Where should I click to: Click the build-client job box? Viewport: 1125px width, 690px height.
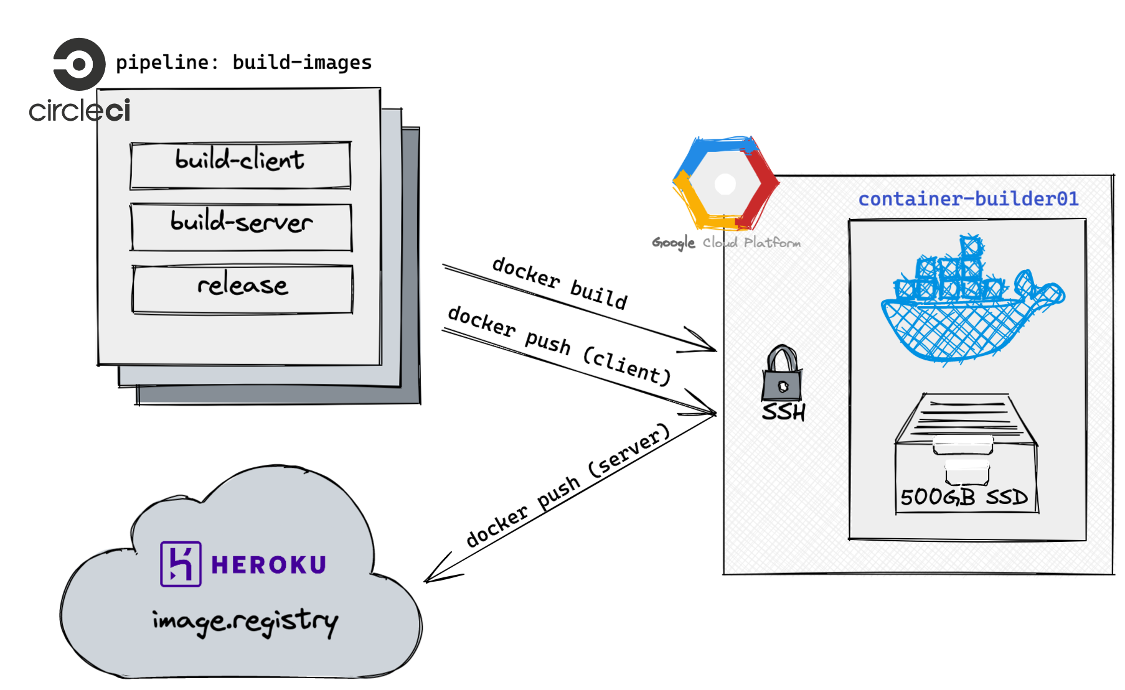(240, 165)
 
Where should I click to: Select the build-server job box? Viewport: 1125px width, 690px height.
(242, 226)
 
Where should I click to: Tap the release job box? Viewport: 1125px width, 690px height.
(242, 289)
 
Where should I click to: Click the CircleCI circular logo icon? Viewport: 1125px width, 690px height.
(79, 64)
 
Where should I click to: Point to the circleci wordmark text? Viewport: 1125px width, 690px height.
(80, 111)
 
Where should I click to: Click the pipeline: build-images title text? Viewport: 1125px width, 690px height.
(243, 62)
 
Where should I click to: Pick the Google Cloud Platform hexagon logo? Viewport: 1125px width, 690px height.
(725, 184)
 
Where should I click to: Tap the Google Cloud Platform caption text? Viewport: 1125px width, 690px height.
(726, 243)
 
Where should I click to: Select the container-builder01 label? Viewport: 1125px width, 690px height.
(968, 198)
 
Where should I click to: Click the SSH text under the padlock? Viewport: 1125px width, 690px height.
(784, 412)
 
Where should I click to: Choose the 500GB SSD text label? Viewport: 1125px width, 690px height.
(964, 497)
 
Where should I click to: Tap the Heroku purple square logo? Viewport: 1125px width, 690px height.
(181, 564)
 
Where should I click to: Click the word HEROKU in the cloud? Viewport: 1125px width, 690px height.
(268, 564)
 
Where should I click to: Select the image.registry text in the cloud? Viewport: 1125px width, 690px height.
(245, 620)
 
